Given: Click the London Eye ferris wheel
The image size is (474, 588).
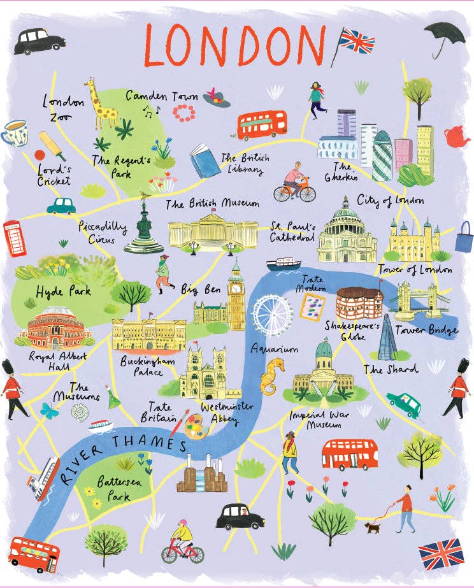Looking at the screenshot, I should (272, 313).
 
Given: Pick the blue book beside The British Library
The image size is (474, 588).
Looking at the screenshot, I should (205, 161).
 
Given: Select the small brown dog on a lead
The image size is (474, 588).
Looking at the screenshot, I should (371, 527).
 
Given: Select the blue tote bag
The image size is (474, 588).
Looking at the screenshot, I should (464, 237).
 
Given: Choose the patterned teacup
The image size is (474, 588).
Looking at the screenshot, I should (15, 132).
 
